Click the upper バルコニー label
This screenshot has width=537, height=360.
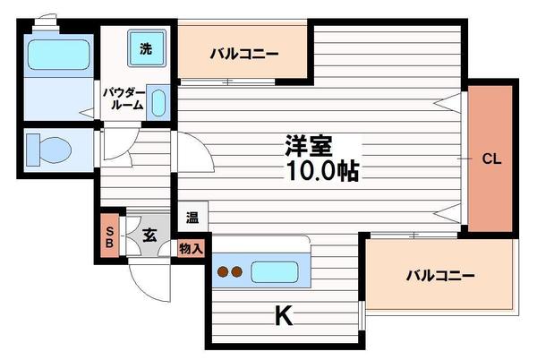(x=244, y=53)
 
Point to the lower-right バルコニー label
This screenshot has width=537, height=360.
(x=438, y=275)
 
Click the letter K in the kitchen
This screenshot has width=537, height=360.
(x=283, y=315)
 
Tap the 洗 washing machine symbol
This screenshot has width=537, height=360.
(x=145, y=47)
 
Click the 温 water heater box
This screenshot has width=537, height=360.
(x=192, y=216)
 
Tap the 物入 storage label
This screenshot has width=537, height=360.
(x=192, y=248)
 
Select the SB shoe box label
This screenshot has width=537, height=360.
(x=109, y=236)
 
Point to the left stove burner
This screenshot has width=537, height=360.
(x=223, y=271)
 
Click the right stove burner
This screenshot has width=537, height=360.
(x=237, y=271)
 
